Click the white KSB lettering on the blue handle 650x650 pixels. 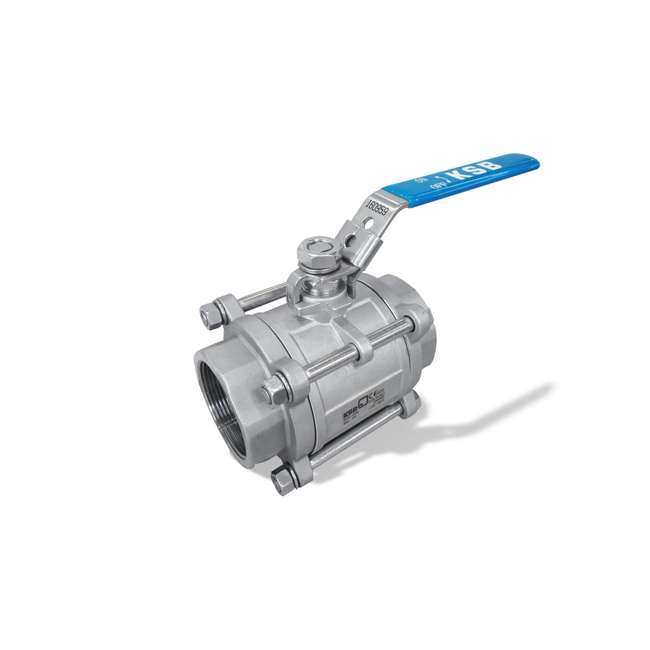[x=478, y=168]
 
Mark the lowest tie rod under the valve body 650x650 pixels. [x=351, y=442]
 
